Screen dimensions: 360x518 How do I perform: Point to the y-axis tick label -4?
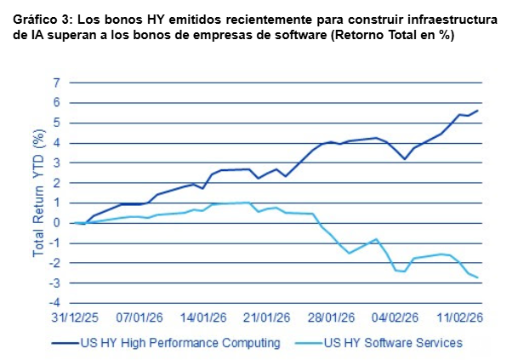tap(55, 302)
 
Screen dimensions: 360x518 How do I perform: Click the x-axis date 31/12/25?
tap(76, 318)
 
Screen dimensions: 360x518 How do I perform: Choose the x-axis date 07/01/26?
tap(139, 318)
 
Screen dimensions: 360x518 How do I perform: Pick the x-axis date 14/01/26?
tap(203, 318)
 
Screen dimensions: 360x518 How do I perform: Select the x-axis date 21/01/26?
tap(267, 318)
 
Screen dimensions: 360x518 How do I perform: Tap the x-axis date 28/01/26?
tap(331, 318)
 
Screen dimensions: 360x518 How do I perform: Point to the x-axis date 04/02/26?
tap(395, 318)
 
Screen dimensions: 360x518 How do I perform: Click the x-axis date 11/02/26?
tap(458, 318)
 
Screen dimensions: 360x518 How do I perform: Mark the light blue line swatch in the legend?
tap(311, 343)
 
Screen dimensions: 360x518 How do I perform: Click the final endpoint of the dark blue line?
tap(478, 111)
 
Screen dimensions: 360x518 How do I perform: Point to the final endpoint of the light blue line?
tap(478, 277)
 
